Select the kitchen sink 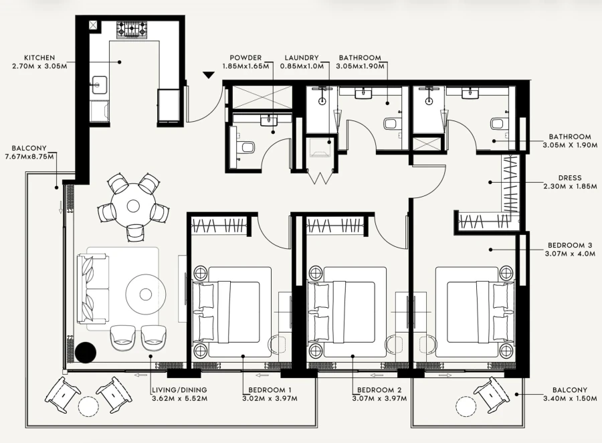100,85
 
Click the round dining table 133,203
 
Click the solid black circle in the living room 86,352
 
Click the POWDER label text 245,58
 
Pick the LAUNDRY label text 301,58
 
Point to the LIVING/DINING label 179,390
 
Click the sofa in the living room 94,288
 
